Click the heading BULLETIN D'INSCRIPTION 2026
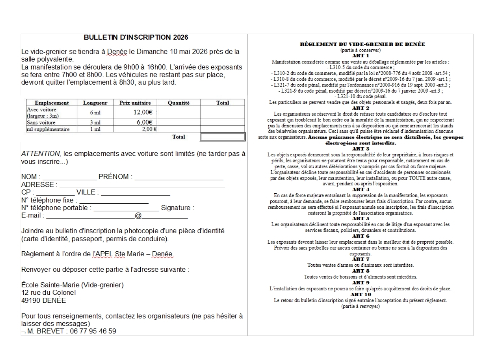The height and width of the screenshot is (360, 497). coord(136,37)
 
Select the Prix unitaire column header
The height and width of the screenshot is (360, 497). coord(135,103)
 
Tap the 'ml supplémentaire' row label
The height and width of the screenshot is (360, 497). coord(48,129)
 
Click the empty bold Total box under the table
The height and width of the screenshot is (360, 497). coord(222,137)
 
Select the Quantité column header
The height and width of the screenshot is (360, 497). coord(179,103)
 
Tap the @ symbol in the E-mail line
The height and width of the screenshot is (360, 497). coord(138,216)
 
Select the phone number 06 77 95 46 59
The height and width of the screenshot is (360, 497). coord(93,331)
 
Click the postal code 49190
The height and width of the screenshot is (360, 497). coord(31,301)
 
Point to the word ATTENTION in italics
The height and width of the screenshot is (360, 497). coord(41,154)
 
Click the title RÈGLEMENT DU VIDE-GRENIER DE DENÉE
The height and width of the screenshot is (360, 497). coord(362,44)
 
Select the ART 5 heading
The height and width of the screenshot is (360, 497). coord(361,219)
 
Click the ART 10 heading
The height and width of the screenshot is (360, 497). coord(361,294)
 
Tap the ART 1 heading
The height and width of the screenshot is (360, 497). coord(361,56)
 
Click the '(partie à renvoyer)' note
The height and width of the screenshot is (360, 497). coord(361,306)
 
